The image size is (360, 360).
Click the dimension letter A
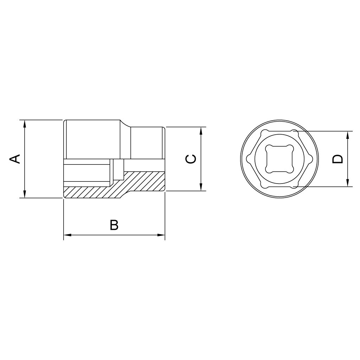pos(14,159)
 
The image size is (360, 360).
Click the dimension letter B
pos(114,225)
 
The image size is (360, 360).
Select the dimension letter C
pos(191,159)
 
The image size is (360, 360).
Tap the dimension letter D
pos(337,159)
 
